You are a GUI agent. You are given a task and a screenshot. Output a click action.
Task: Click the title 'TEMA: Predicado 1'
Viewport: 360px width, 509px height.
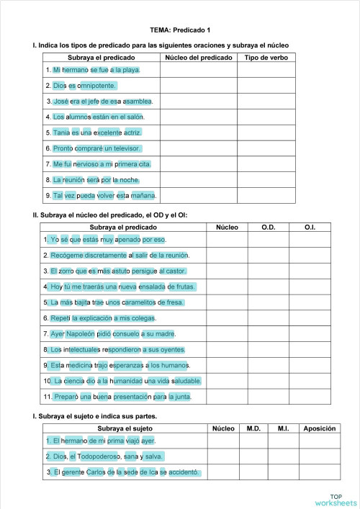[x=181, y=30]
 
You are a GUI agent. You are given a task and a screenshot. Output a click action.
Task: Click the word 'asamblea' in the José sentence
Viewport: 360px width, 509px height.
[x=138, y=102]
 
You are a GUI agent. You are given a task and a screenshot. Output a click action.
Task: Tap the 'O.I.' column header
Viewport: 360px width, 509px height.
[x=310, y=228]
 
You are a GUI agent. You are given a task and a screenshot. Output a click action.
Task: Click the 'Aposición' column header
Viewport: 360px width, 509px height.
[x=320, y=428]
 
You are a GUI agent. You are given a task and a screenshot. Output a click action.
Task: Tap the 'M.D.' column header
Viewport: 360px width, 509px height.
[x=253, y=428]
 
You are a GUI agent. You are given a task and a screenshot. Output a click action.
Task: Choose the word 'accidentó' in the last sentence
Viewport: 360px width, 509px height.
[x=184, y=472]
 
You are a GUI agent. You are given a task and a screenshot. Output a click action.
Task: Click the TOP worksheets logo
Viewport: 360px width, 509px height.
[x=335, y=499]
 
